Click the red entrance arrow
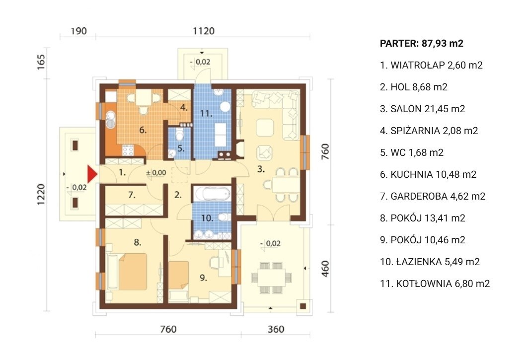pos(92,174)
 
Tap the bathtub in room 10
pos(212,193)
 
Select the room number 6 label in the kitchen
pos(143,130)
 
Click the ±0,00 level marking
pos(156,173)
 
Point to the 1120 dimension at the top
pos(204,31)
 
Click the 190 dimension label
pos(79,31)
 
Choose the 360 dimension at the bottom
pos(276,329)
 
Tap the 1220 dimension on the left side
pos(41,194)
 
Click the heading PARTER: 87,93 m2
pos(421,43)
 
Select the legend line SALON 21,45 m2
pos(422,109)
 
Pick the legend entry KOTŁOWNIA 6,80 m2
pos(435,284)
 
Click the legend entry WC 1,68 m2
pos(412,152)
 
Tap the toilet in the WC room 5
pos(180,135)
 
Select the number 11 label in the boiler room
pos(206,114)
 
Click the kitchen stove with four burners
pos(128,150)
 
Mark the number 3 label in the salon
pos(261,169)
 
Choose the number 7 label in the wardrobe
pos(132,194)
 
